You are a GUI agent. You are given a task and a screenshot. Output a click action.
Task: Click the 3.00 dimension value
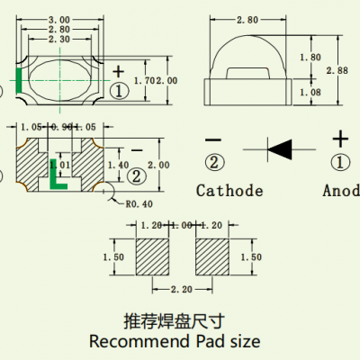(59, 19)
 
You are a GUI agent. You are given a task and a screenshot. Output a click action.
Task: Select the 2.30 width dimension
(59, 40)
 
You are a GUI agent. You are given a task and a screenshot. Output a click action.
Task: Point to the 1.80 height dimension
(309, 57)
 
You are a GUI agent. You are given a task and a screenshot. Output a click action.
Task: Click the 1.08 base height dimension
(309, 92)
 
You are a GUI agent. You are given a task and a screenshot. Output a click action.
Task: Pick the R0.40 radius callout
(135, 203)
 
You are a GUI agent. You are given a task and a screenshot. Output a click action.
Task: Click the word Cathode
(229, 191)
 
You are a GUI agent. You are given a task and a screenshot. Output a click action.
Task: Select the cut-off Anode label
(341, 191)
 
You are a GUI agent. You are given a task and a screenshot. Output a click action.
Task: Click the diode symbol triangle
(281, 146)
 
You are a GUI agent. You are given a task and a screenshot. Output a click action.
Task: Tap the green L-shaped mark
(57, 181)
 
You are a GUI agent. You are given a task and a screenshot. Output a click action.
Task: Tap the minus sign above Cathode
(213, 139)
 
